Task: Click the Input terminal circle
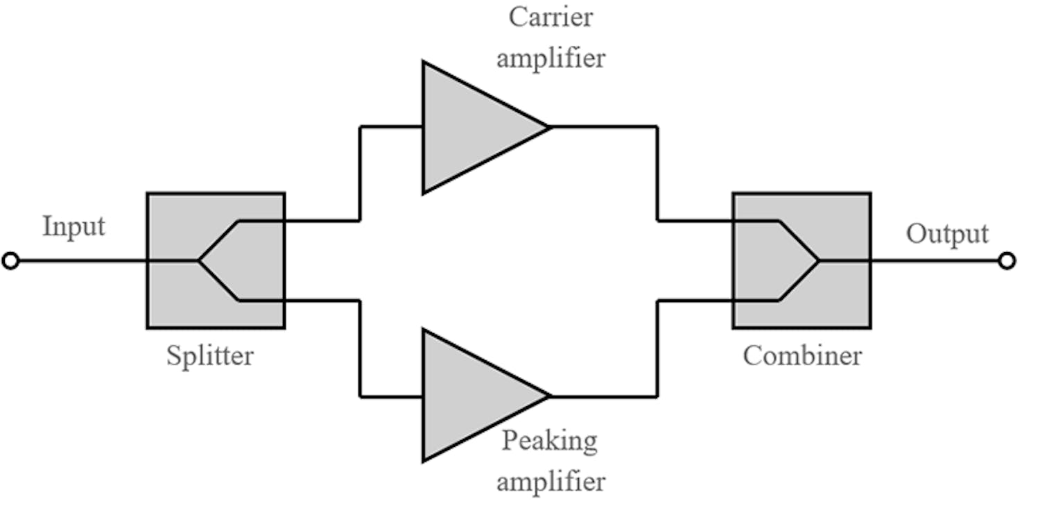[10, 261]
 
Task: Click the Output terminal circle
[1007, 261]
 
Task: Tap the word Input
[73, 227]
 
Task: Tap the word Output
[947, 234]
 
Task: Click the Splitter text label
[210, 356]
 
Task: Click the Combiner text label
[802, 356]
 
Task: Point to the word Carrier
[551, 17]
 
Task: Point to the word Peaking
[549, 441]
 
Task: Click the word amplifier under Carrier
[551, 58]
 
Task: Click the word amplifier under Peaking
[551, 481]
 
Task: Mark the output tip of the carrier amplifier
[548, 127]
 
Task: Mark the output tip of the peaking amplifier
[550, 396]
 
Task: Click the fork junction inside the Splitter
[199, 261]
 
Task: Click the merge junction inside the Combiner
[819, 261]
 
